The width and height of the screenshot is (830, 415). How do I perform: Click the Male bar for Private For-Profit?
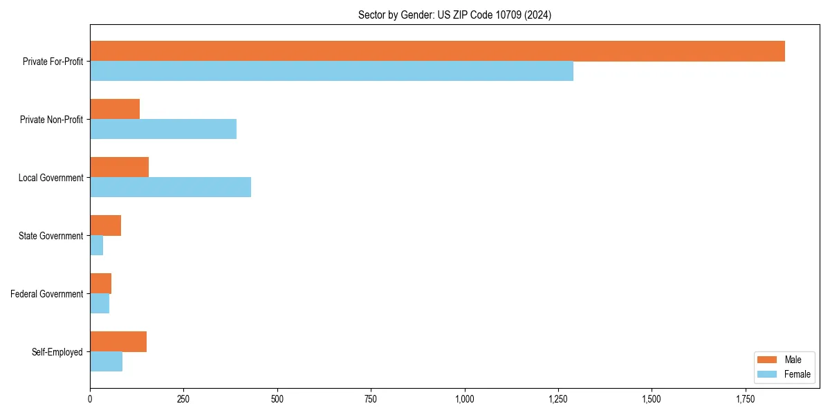coord(437,51)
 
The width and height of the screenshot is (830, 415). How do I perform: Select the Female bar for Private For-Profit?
coord(331,71)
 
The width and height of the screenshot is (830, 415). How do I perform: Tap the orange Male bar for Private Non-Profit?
coord(115,109)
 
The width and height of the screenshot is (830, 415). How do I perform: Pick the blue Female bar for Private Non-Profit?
coord(163,129)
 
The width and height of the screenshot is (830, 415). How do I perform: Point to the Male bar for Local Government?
coord(119,167)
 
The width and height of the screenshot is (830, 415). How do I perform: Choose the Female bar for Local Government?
coord(170,187)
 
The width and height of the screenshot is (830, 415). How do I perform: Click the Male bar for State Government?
coord(105,225)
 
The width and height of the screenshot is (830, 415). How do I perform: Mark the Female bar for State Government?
coord(97,246)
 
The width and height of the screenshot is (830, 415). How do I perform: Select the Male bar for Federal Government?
coord(100,284)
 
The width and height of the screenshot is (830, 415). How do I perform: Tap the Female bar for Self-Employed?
coord(106,362)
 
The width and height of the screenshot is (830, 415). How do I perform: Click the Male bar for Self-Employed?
coord(118,342)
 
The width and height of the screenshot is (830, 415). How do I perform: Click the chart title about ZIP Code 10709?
coord(454,15)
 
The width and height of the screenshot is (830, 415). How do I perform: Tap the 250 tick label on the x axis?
coord(183,399)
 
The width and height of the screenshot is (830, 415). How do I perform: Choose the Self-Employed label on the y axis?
coord(57,352)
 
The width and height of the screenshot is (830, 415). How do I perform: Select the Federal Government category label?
coord(46,294)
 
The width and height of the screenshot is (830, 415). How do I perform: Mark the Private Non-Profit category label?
coord(51,120)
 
